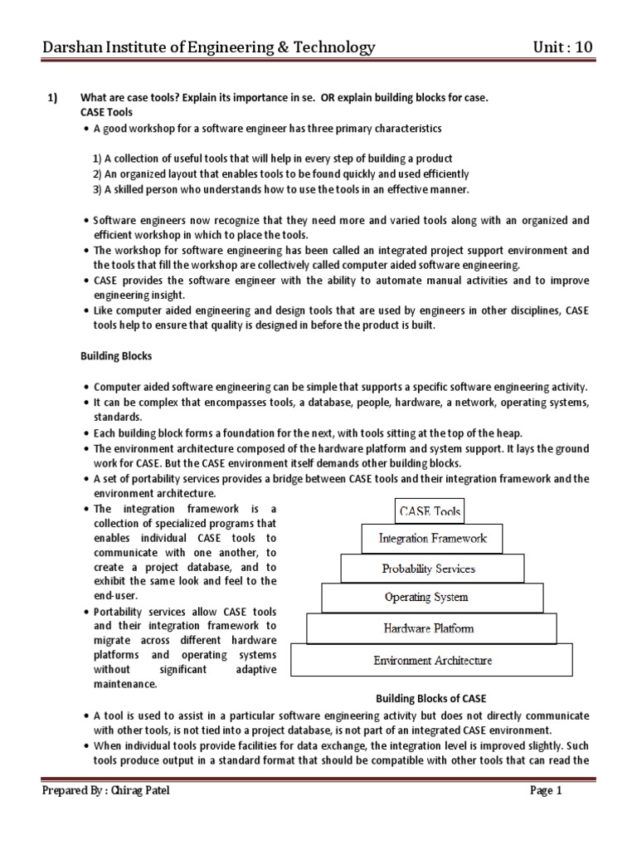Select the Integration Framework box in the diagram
431,539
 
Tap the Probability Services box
431,569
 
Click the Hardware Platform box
429,628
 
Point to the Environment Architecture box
432,661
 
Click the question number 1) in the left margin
51,98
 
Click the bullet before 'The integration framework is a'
86,509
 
